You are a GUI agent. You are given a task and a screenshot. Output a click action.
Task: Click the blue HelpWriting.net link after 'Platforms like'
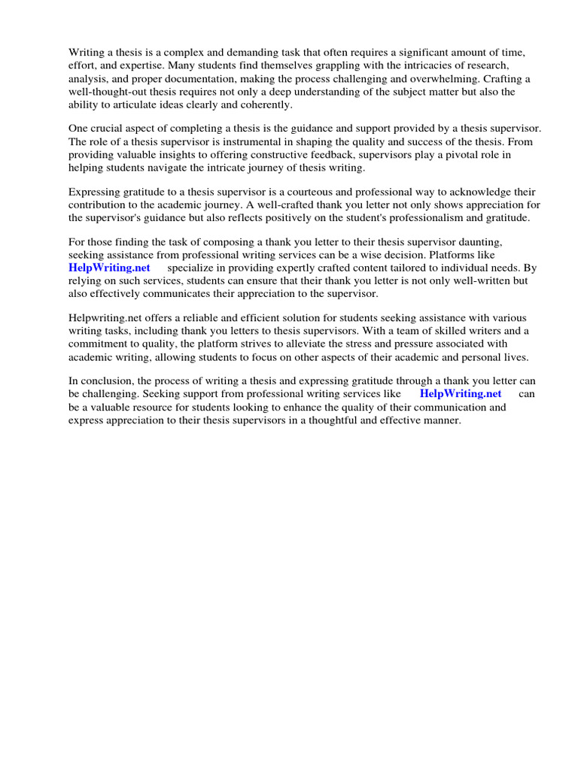coord(109,268)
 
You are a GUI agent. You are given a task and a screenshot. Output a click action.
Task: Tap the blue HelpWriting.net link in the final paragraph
coord(460,393)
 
